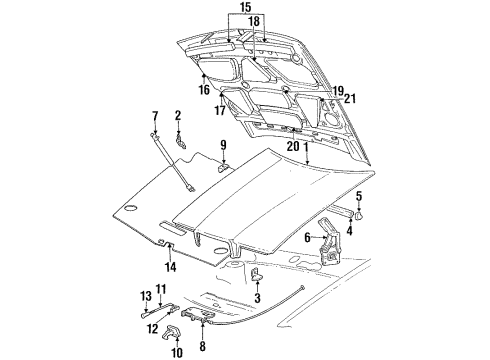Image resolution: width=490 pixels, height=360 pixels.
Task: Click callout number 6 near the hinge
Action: (x=309, y=237)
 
